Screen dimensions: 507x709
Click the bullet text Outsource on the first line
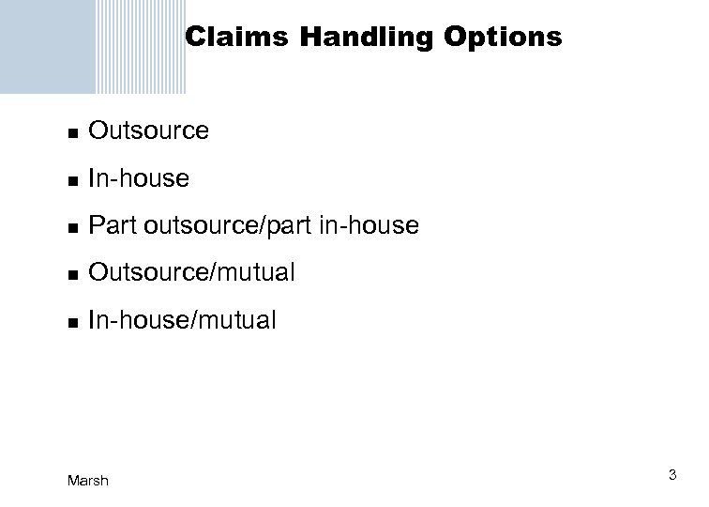tap(148, 131)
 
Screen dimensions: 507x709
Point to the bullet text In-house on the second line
tap(138, 178)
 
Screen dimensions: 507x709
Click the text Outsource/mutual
tap(191, 273)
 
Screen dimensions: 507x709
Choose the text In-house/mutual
tap(182, 321)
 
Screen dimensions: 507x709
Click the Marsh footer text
tap(88, 481)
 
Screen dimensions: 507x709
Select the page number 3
tap(672, 477)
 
